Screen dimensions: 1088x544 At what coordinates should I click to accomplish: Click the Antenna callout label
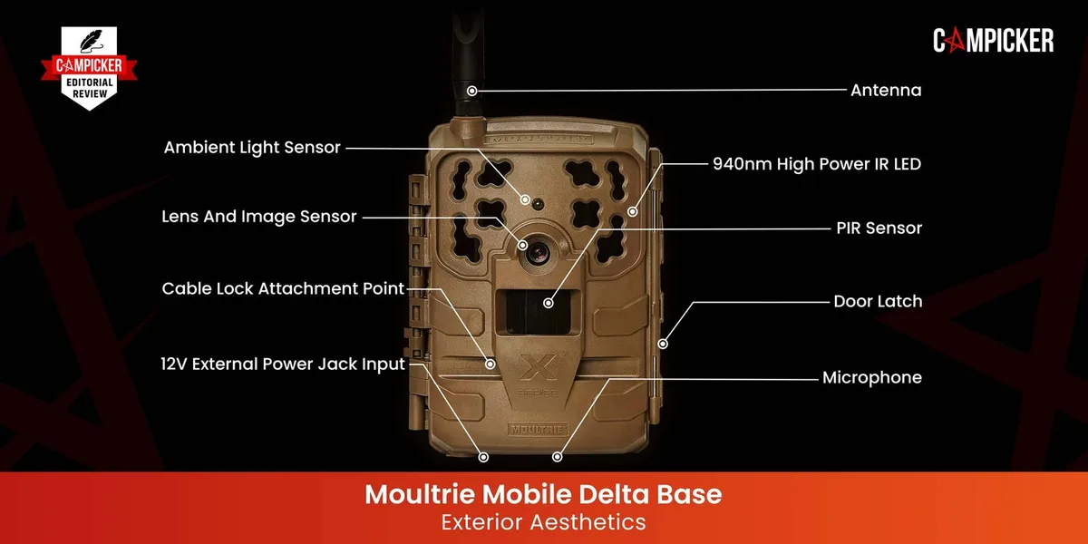pos(886,91)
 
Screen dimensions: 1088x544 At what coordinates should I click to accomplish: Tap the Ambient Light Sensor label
pos(252,147)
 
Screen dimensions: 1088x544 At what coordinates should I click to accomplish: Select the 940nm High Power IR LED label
pos(817,164)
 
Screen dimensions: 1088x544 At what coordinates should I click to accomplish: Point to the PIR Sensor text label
pos(879,228)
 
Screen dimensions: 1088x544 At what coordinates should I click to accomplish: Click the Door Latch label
pos(878,302)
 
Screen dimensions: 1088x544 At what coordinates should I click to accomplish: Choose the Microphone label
pos(872,377)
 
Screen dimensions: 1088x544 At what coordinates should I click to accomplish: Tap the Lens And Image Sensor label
pos(259,217)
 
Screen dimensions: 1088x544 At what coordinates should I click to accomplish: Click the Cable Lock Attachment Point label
pos(283,288)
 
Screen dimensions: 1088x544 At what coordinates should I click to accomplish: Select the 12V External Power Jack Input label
pos(283,364)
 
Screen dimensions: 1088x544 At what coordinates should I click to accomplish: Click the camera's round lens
pos(539,252)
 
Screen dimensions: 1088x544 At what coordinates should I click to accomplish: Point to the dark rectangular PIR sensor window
pos(538,312)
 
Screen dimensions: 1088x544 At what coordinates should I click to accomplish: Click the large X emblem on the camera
pos(539,367)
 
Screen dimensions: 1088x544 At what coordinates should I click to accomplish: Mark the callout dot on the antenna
pos(472,91)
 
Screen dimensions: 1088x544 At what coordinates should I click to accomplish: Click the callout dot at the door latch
pos(663,344)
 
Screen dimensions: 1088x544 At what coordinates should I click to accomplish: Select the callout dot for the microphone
pos(558,457)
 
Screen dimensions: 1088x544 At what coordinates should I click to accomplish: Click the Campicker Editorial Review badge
pos(89,68)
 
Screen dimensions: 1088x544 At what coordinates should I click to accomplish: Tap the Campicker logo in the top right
pos(994,40)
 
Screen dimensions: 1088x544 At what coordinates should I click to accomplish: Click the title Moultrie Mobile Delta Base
pos(543,494)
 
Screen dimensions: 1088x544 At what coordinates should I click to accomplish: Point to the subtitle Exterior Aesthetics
pos(543,522)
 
